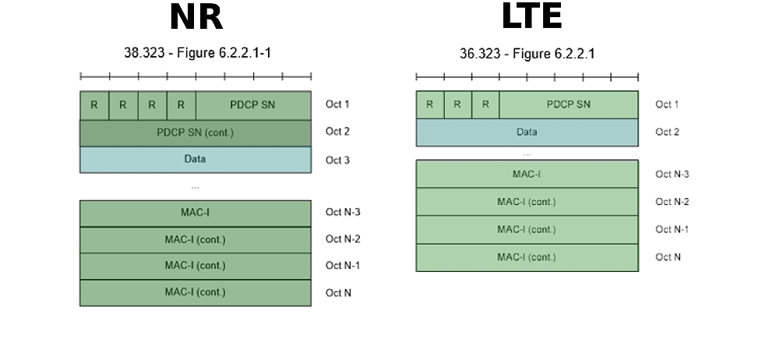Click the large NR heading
(x=196, y=17)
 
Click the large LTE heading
(x=531, y=16)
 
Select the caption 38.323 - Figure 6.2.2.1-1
(x=197, y=52)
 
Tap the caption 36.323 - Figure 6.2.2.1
(x=527, y=54)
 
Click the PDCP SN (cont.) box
(x=196, y=132)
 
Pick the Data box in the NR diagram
(x=196, y=160)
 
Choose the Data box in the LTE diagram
(x=527, y=132)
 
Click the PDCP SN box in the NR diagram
(x=253, y=105)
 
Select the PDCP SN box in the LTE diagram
(x=569, y=104)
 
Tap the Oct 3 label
(x=337, y=160)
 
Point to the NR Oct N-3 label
(x=343, y=212)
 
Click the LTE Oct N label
(x=669, y=257)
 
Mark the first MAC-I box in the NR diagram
(x=196, y=214)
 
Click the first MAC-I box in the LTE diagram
(x=527, y=174)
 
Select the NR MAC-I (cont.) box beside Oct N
(x=196, y=292)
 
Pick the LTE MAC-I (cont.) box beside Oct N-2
(x=527, y=202)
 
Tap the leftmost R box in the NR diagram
(x=94, y=105)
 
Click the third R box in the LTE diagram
(x=485, y=104)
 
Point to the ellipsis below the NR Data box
(x=195, y=188)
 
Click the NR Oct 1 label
(x=337, y=104)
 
